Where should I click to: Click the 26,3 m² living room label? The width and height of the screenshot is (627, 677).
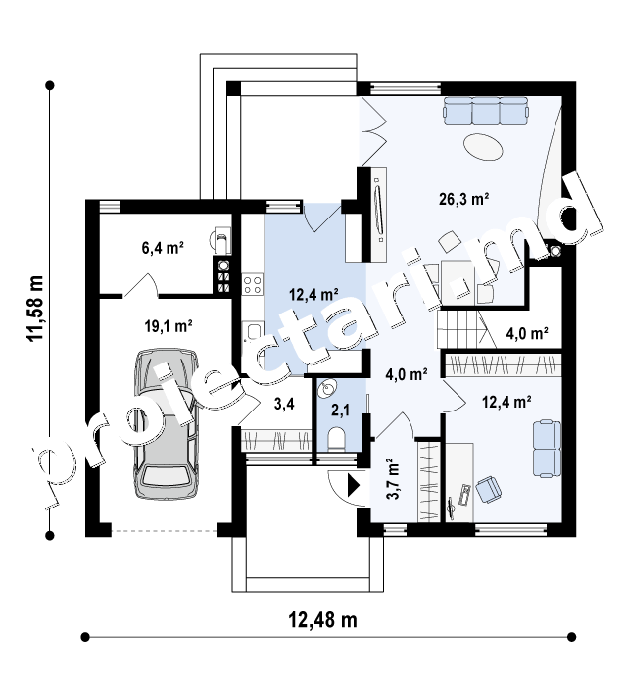463,199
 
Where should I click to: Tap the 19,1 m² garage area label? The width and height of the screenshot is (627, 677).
169,326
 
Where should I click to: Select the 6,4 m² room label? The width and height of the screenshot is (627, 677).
163,248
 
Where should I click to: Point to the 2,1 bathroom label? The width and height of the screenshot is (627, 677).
340,411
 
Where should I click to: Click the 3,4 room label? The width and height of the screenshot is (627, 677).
284,404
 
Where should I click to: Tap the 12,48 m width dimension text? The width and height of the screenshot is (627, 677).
322,620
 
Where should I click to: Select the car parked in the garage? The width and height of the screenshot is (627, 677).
167,423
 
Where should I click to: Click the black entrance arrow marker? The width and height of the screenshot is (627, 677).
354,485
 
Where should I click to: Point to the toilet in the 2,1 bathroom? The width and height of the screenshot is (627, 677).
336,439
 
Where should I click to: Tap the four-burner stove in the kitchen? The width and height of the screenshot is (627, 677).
252,284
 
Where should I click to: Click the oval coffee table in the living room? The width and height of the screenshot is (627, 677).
483,147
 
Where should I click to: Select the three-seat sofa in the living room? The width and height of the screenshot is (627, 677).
485,110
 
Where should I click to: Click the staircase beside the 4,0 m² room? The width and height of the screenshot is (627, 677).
462,329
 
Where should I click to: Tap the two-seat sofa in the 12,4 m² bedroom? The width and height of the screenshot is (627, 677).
547,449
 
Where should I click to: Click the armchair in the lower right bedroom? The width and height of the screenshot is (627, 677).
489,489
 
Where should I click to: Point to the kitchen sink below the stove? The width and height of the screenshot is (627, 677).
252,331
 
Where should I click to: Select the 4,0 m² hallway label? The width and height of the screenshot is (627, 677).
406,374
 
